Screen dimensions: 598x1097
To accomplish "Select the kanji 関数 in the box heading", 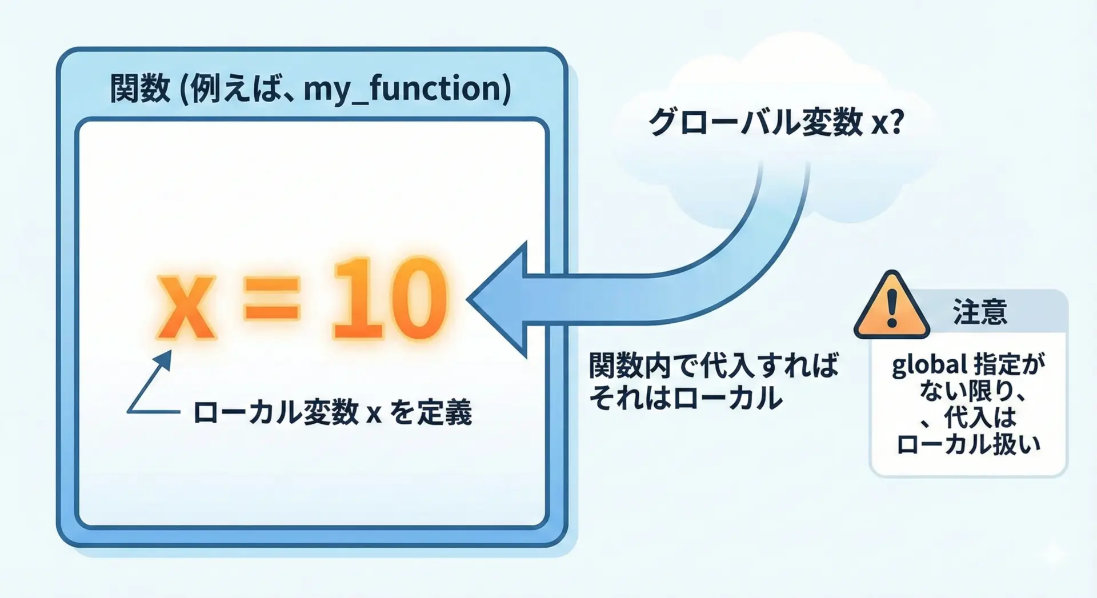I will [x=140, y=89].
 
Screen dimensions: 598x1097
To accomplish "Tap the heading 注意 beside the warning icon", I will [x=979, y=312].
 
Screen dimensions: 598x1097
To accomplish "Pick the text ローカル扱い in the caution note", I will [x=968, y=444].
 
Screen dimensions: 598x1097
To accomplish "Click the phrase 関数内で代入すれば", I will [x=714, y=366].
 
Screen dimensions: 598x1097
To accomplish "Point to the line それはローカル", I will [x=685, y=398].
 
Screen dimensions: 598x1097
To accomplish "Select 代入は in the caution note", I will [x=979, y=418].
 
